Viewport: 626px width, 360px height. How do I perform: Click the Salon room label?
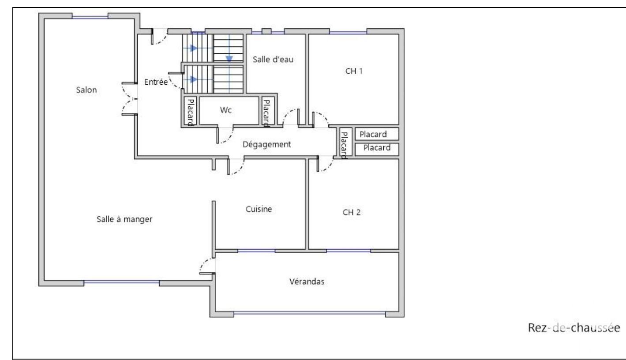click(x=86, y=90)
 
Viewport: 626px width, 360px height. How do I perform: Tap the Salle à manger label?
click(x=124, y=219)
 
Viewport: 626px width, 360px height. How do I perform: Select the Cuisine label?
click(x=259, y=209)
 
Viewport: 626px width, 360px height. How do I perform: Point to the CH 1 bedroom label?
click(x=354, y=71)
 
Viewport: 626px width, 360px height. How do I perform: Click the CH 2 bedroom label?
click(x=352, y=212)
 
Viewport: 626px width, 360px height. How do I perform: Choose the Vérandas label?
click(x=307, y=281)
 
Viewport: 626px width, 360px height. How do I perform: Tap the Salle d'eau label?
click(x=273, y=60)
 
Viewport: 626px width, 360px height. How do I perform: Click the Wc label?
click(x=226, y=110)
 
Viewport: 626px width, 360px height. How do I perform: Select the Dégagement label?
click(x=266, y=145)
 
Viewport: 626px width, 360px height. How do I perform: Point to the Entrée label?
click(x=156, y=82)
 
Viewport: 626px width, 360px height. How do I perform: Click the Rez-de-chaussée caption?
click(x=574, y=328)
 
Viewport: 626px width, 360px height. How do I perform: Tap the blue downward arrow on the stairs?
click(x=229, y=58)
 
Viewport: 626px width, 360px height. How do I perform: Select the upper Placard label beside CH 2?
click(x=373, y=135)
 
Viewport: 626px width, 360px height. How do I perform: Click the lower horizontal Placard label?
click(x=377, y=148)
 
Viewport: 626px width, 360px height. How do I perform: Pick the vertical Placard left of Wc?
click(x=191, y=112)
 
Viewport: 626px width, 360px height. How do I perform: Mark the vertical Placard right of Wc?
click(x=267, y=113)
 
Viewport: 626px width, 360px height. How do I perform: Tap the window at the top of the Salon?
click(x=90, y=17)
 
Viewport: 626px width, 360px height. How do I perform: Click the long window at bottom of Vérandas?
click(x=310, y=313)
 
